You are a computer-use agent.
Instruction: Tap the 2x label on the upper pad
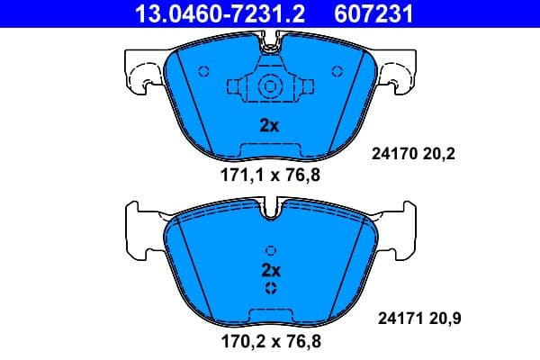[269, 126]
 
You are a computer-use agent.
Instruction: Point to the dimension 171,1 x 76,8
[270, 175]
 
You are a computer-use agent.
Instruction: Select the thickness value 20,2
[440, 154]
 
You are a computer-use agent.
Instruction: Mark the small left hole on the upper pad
[202, 71]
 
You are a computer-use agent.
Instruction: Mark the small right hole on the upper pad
[337, 71]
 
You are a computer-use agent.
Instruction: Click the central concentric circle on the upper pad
[269, 87]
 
